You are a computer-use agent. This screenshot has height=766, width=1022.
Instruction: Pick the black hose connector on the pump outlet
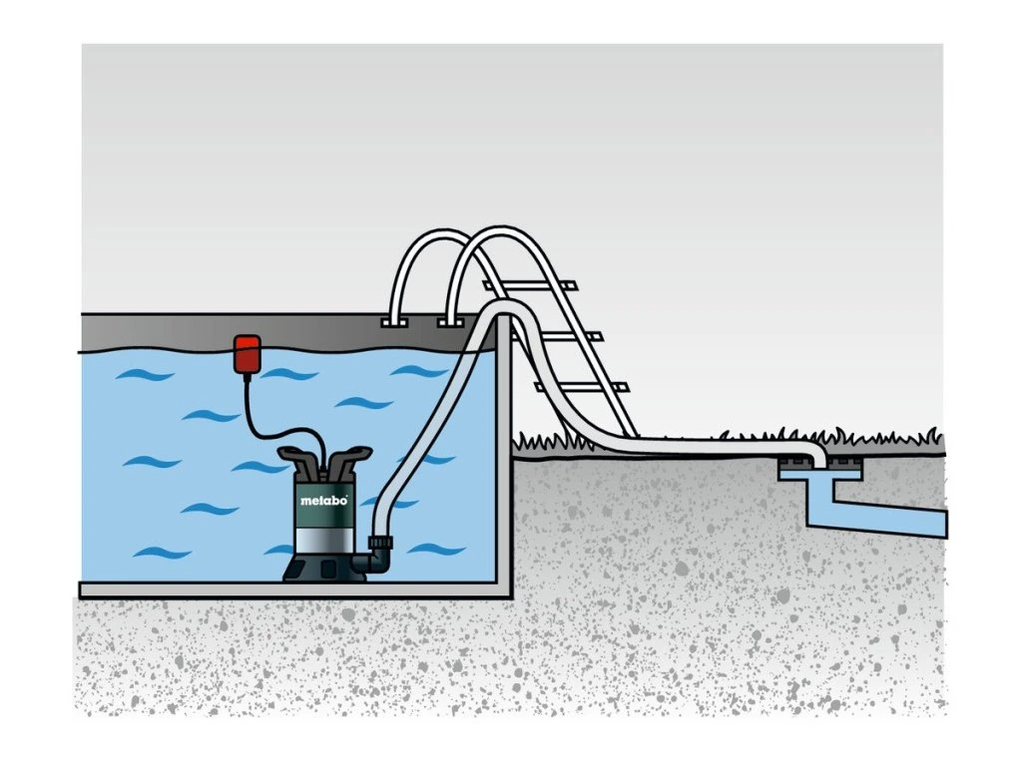pyautogui.click(x=379, y=548)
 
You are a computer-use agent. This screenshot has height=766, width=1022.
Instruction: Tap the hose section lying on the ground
pyautogui.click(x=699, y=446)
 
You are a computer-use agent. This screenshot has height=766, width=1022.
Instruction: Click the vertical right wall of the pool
pyautogui.click(x=505, y=449)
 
